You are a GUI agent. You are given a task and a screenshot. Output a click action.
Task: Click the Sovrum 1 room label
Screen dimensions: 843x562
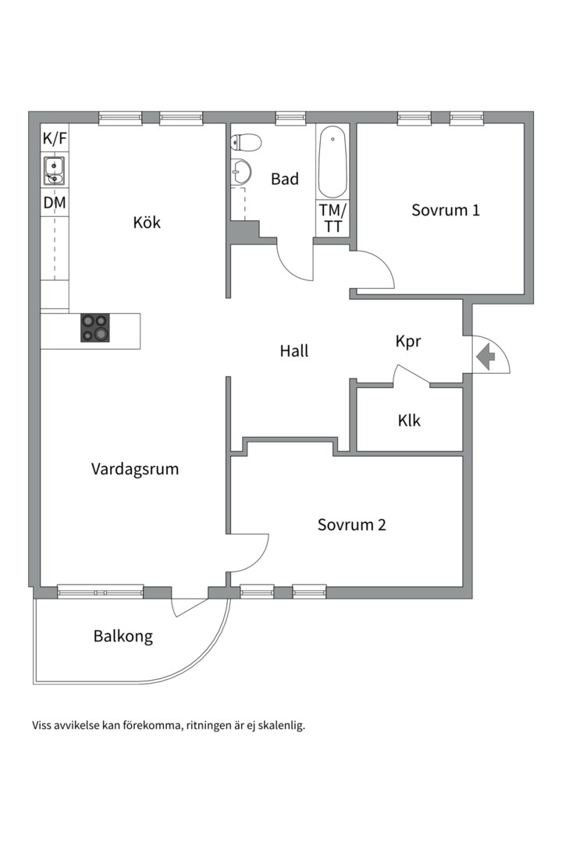coord(446,210)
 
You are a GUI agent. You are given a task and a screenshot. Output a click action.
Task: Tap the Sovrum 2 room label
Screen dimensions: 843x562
coord(351,525)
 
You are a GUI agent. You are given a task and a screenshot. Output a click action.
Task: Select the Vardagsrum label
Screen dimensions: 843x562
coord(135,469)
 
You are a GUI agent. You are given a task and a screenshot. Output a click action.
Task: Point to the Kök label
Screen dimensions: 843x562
coord(147,222)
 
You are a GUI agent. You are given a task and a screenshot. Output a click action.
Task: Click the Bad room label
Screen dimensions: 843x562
coord(285,180)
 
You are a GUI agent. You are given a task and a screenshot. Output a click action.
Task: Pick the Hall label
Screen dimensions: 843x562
coord(294,351)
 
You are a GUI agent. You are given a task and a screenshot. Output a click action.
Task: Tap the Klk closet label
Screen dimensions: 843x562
coord(409,421)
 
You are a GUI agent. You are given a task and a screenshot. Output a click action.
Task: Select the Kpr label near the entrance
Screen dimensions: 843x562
coord(408,342)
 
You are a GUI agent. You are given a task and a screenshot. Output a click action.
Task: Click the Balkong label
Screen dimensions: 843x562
coord(123,636)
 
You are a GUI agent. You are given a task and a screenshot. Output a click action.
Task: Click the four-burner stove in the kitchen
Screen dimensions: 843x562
coord(96,327)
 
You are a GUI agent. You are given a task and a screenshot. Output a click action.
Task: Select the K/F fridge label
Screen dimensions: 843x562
coord(55,140)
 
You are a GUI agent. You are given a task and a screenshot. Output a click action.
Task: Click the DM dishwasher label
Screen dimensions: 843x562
coord(55,204)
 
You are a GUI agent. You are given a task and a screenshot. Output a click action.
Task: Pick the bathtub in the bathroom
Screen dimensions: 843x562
coord(333,162)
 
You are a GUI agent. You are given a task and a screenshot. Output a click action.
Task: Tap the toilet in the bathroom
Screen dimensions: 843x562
coord(246,142)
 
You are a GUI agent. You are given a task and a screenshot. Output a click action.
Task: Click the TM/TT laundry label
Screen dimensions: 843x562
coord(333,219)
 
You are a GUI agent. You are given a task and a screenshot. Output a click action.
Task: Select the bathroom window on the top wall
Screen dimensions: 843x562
coord(290,118)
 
